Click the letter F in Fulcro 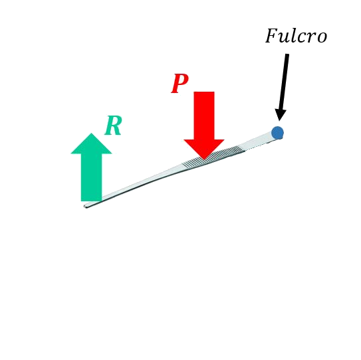273,36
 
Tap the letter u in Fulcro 287,38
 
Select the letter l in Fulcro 295,36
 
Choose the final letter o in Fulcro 322,38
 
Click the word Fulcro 297,36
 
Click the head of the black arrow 281,114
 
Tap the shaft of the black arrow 284,82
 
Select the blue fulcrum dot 277,133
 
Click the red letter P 180,84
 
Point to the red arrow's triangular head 204,149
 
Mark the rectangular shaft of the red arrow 204,116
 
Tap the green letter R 113,126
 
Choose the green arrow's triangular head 91,143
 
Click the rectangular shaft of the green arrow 91,177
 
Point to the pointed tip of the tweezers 85,206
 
